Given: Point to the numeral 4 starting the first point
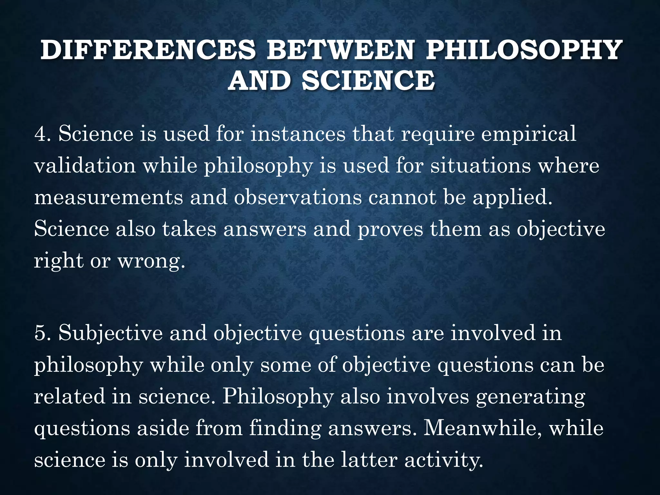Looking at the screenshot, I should (x=41, y=133).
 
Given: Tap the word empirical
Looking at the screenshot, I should (x=529, y=134).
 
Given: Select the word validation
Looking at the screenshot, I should (x=85, y=166).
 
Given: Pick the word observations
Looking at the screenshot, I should (x=298, y=197).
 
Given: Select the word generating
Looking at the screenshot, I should (x=530, y=397).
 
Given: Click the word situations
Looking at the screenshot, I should (x=480, y=166).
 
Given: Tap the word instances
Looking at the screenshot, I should (x=298, y=133).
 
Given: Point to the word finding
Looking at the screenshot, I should (x=285, y=429).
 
